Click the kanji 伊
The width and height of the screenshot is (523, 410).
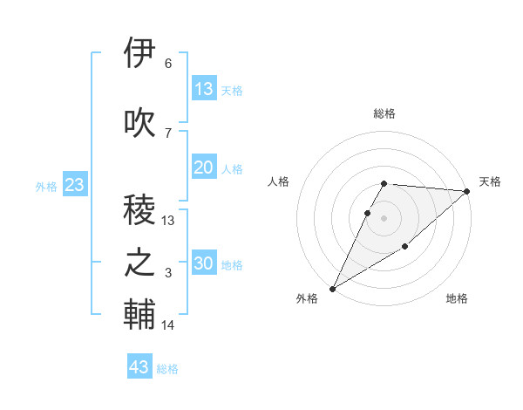[x=140, y=53]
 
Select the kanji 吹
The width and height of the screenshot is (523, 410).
[x=140, y=122]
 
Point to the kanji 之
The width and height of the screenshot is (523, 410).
[x=140, y=263]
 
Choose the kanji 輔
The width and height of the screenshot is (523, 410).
[x=140, y=315]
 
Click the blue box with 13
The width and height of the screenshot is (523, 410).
[x=204, y=88]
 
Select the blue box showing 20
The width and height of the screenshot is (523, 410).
[x=204, y=167]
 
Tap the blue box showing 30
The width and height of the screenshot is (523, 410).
[x=204, y=263]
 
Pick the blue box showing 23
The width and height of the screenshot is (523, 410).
[x=74, y=185]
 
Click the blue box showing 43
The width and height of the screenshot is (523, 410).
[x=139, y=367]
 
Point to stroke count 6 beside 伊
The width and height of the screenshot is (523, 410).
[x=168, y=64]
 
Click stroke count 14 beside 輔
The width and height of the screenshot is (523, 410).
[x=168, y=325]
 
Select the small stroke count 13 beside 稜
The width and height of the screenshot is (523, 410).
[x=168, y=220]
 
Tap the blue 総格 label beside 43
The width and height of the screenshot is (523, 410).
[x=167, y=369]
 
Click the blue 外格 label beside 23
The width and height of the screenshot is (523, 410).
[x=46, y=186]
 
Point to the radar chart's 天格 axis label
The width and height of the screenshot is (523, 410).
[x=490, y=181]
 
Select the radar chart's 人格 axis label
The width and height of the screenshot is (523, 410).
[x=278, y=181]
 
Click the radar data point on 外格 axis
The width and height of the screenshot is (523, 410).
[x=332, y=289]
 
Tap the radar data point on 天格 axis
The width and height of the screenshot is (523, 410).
[x=467, y=191]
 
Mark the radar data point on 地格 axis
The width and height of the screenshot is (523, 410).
[x=405, y=248]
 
